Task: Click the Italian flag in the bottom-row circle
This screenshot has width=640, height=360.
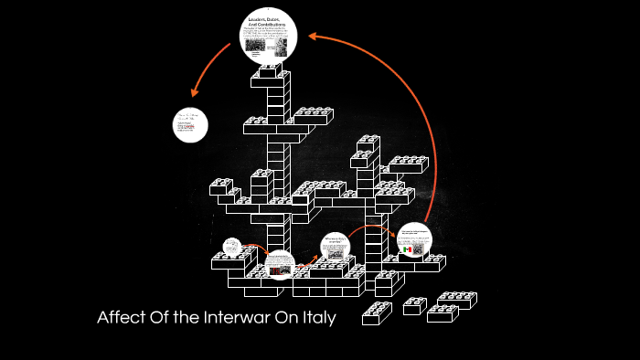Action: click(x=406, y=249)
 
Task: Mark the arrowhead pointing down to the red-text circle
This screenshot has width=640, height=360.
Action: click(x=194, y=92)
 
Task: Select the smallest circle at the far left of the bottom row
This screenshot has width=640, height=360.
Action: click(x=229, y=247)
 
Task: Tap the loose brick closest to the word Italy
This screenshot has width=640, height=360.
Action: click(x=376, y=313)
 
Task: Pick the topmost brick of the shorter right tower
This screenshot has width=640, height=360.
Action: click(x=368, y=143)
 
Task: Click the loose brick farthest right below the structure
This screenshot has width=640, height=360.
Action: click(x=457, y=300)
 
